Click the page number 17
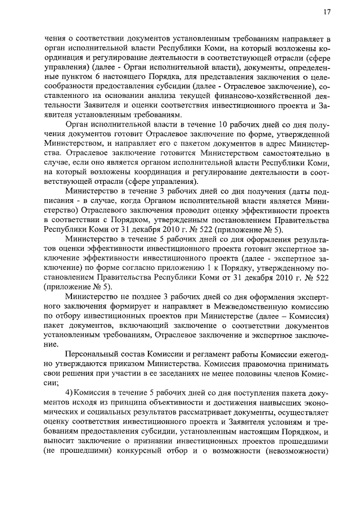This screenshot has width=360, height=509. (327, 12)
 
